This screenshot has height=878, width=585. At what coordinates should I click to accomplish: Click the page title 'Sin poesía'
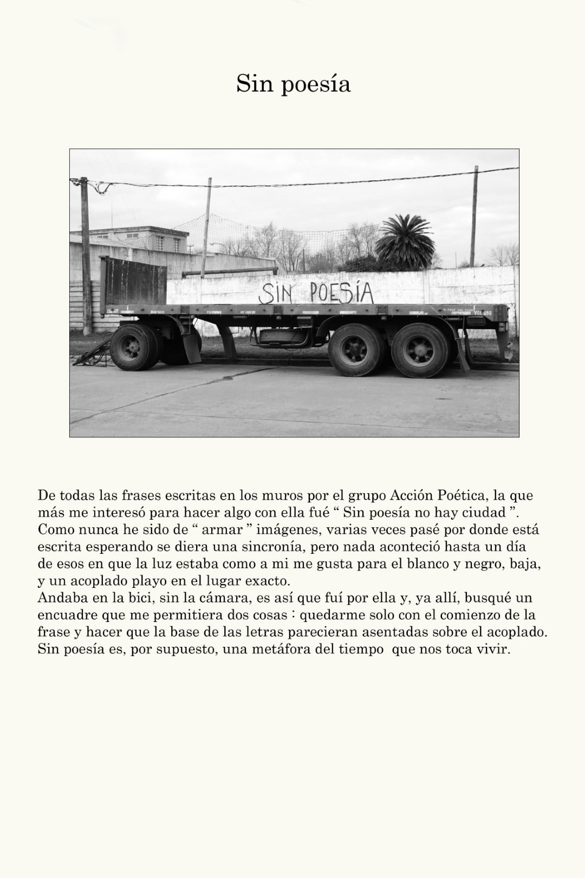tap(293, 84)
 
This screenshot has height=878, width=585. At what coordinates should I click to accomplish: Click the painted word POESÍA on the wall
tap(341, 293)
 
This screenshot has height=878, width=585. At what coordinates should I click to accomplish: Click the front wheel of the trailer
tap(133, 347)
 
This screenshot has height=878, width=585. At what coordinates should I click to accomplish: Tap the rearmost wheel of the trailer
tap(420, 351)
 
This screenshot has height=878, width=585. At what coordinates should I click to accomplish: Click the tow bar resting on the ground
tap(92, 355)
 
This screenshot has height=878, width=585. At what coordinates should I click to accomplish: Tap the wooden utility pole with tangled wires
tap(85, 254)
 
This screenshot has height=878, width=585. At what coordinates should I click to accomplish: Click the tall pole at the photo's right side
tap(474, 217)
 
